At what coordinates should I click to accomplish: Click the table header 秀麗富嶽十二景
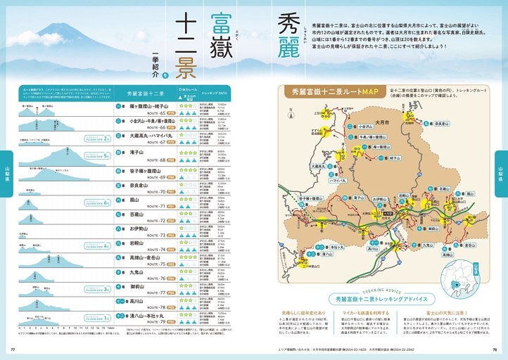pyautogui.click(x=146, y=93)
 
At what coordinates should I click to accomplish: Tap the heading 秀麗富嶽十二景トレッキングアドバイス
pyautogui.click(x=386, y=299)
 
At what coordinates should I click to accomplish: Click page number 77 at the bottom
pyautogui.click(x=13, y=349)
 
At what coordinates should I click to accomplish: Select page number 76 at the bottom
pyautogui.click(x=495, y=349)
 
